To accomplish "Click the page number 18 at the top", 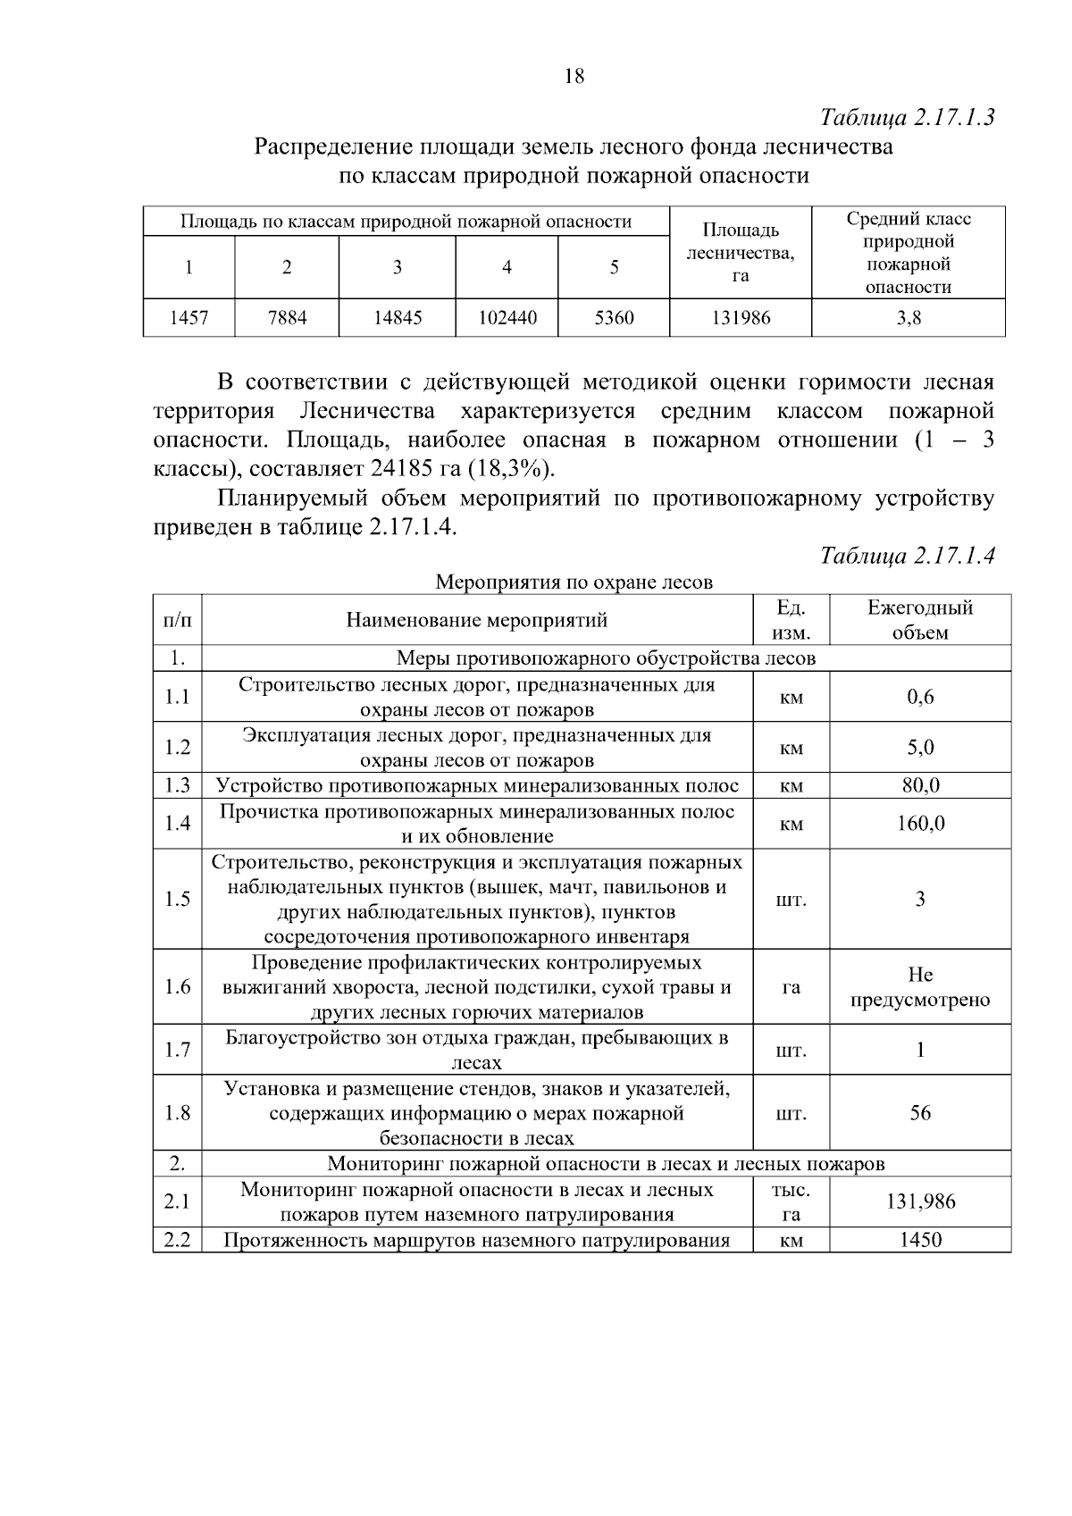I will coord(574,77).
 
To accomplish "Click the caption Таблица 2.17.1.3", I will coord(908,118).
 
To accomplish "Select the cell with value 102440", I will coord(507,318).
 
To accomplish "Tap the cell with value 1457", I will coord(188,318).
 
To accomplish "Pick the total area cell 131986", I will coord(740,318).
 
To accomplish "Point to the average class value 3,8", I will coord(909,318).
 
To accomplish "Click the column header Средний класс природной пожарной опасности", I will coord(909,253).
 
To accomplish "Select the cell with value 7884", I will coord(286,318).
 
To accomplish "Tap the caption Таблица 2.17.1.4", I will coord(908,556).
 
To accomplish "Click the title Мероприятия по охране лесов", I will coord(574,582).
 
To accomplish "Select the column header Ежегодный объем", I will coord(920,620).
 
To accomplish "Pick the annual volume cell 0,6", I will coord(920,697).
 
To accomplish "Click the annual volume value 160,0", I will coord(920,823).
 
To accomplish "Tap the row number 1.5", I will coord(177,899).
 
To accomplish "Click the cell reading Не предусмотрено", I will coord(920,987).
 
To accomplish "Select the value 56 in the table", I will coord(920,1113).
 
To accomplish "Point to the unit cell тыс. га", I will coord(791,1202).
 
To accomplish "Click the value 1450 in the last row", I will coord(920,1240).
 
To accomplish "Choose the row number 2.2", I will coord(177,1240).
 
